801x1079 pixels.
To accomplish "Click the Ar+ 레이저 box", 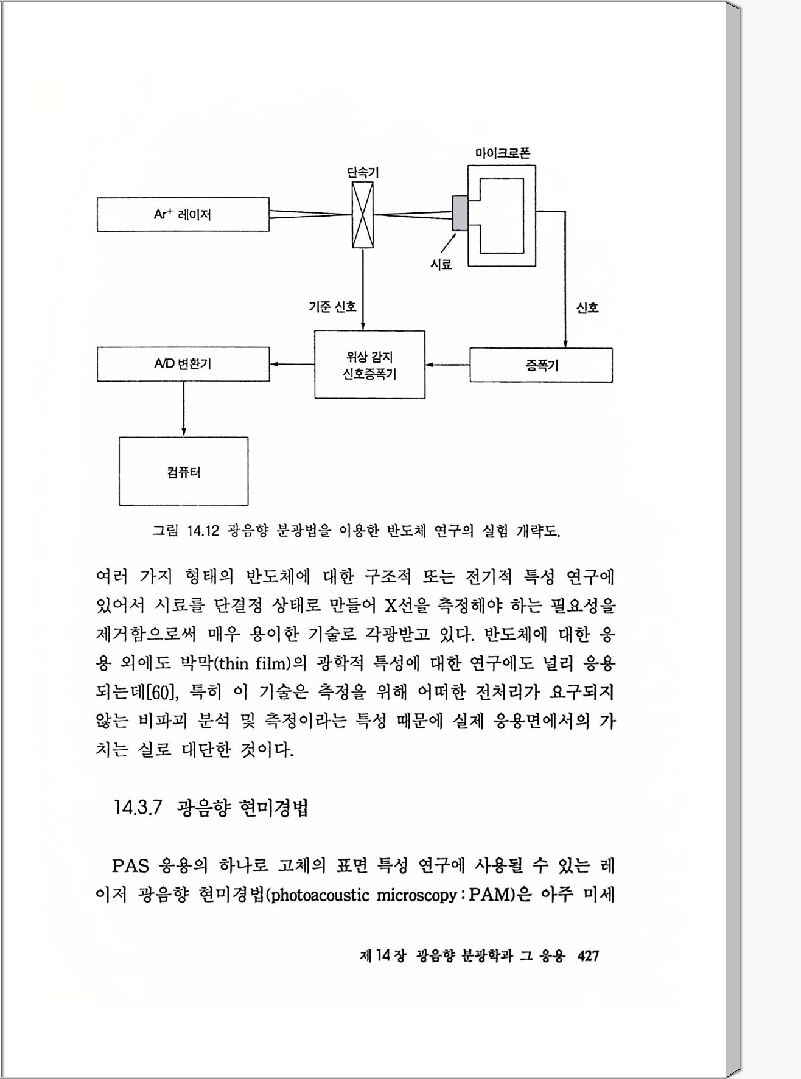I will (x=183, y=214).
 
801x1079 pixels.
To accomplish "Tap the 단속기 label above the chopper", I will (x=363, y=173).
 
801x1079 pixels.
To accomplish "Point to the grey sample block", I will (x=460, y=213).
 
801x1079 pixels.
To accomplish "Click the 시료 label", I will (x=441, y=265).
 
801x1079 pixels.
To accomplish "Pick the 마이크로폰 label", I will (x=502, y=153).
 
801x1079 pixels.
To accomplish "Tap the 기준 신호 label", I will (x=332, y=307).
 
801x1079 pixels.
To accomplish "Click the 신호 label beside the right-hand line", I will (x=587, y=308).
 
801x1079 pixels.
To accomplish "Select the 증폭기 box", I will (x=541, y=365).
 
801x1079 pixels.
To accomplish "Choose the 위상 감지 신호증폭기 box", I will (x=369, y=365).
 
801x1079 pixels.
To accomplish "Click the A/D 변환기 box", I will (x=183, y=364).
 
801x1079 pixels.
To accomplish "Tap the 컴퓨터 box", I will (x=183, y=471).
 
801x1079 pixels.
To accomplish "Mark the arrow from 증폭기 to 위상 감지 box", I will (x=447, y=365).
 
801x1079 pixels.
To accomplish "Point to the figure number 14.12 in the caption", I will (x=203, y=531).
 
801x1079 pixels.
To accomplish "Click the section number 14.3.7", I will (x=138, y=808).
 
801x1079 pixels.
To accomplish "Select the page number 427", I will (x=588, y=955).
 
